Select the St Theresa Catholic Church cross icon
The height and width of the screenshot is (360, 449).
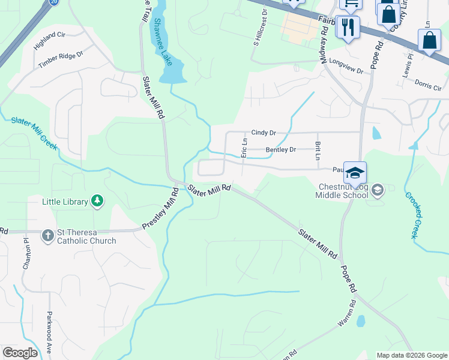48,236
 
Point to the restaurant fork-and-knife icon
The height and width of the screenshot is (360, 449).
347,27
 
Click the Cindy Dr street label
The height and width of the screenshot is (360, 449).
263,132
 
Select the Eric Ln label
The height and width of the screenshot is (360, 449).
244,148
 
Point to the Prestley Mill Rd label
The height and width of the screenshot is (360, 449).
160,209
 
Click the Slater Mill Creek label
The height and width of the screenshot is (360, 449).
34,130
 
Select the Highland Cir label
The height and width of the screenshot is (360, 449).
49,40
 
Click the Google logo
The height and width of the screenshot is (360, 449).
20,353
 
